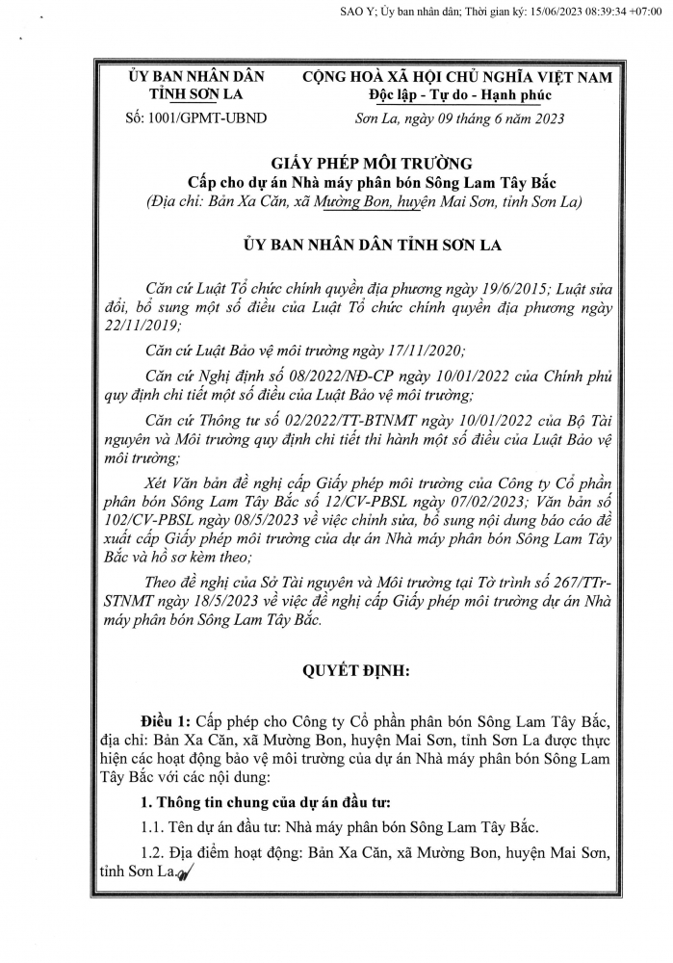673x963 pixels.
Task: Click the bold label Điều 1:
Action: click(165, 720)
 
